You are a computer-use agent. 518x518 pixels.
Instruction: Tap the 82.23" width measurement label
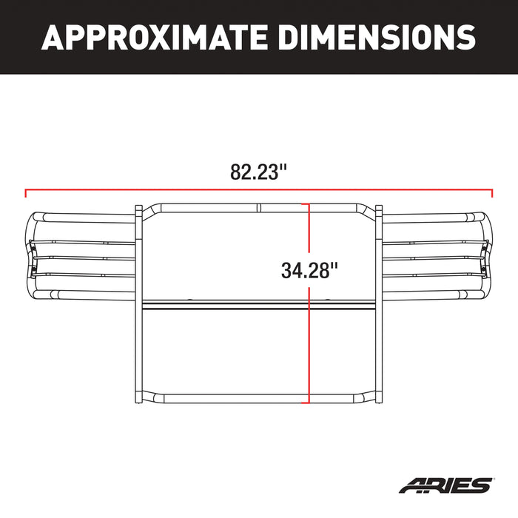point(258,174)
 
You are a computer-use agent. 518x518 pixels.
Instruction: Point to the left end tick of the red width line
point(26,194)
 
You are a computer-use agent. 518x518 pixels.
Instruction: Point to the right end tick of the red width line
point(492,194)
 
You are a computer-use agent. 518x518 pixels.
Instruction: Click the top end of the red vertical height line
point(309,205)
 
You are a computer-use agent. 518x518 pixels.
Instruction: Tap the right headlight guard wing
point(437,255)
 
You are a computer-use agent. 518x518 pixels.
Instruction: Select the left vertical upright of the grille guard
point(138,303)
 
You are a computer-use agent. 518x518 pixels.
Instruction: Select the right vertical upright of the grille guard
point(378,303)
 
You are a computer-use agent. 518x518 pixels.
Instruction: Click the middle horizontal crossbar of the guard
point(258,305)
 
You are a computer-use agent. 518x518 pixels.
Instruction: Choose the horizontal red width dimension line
point(148,190)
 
